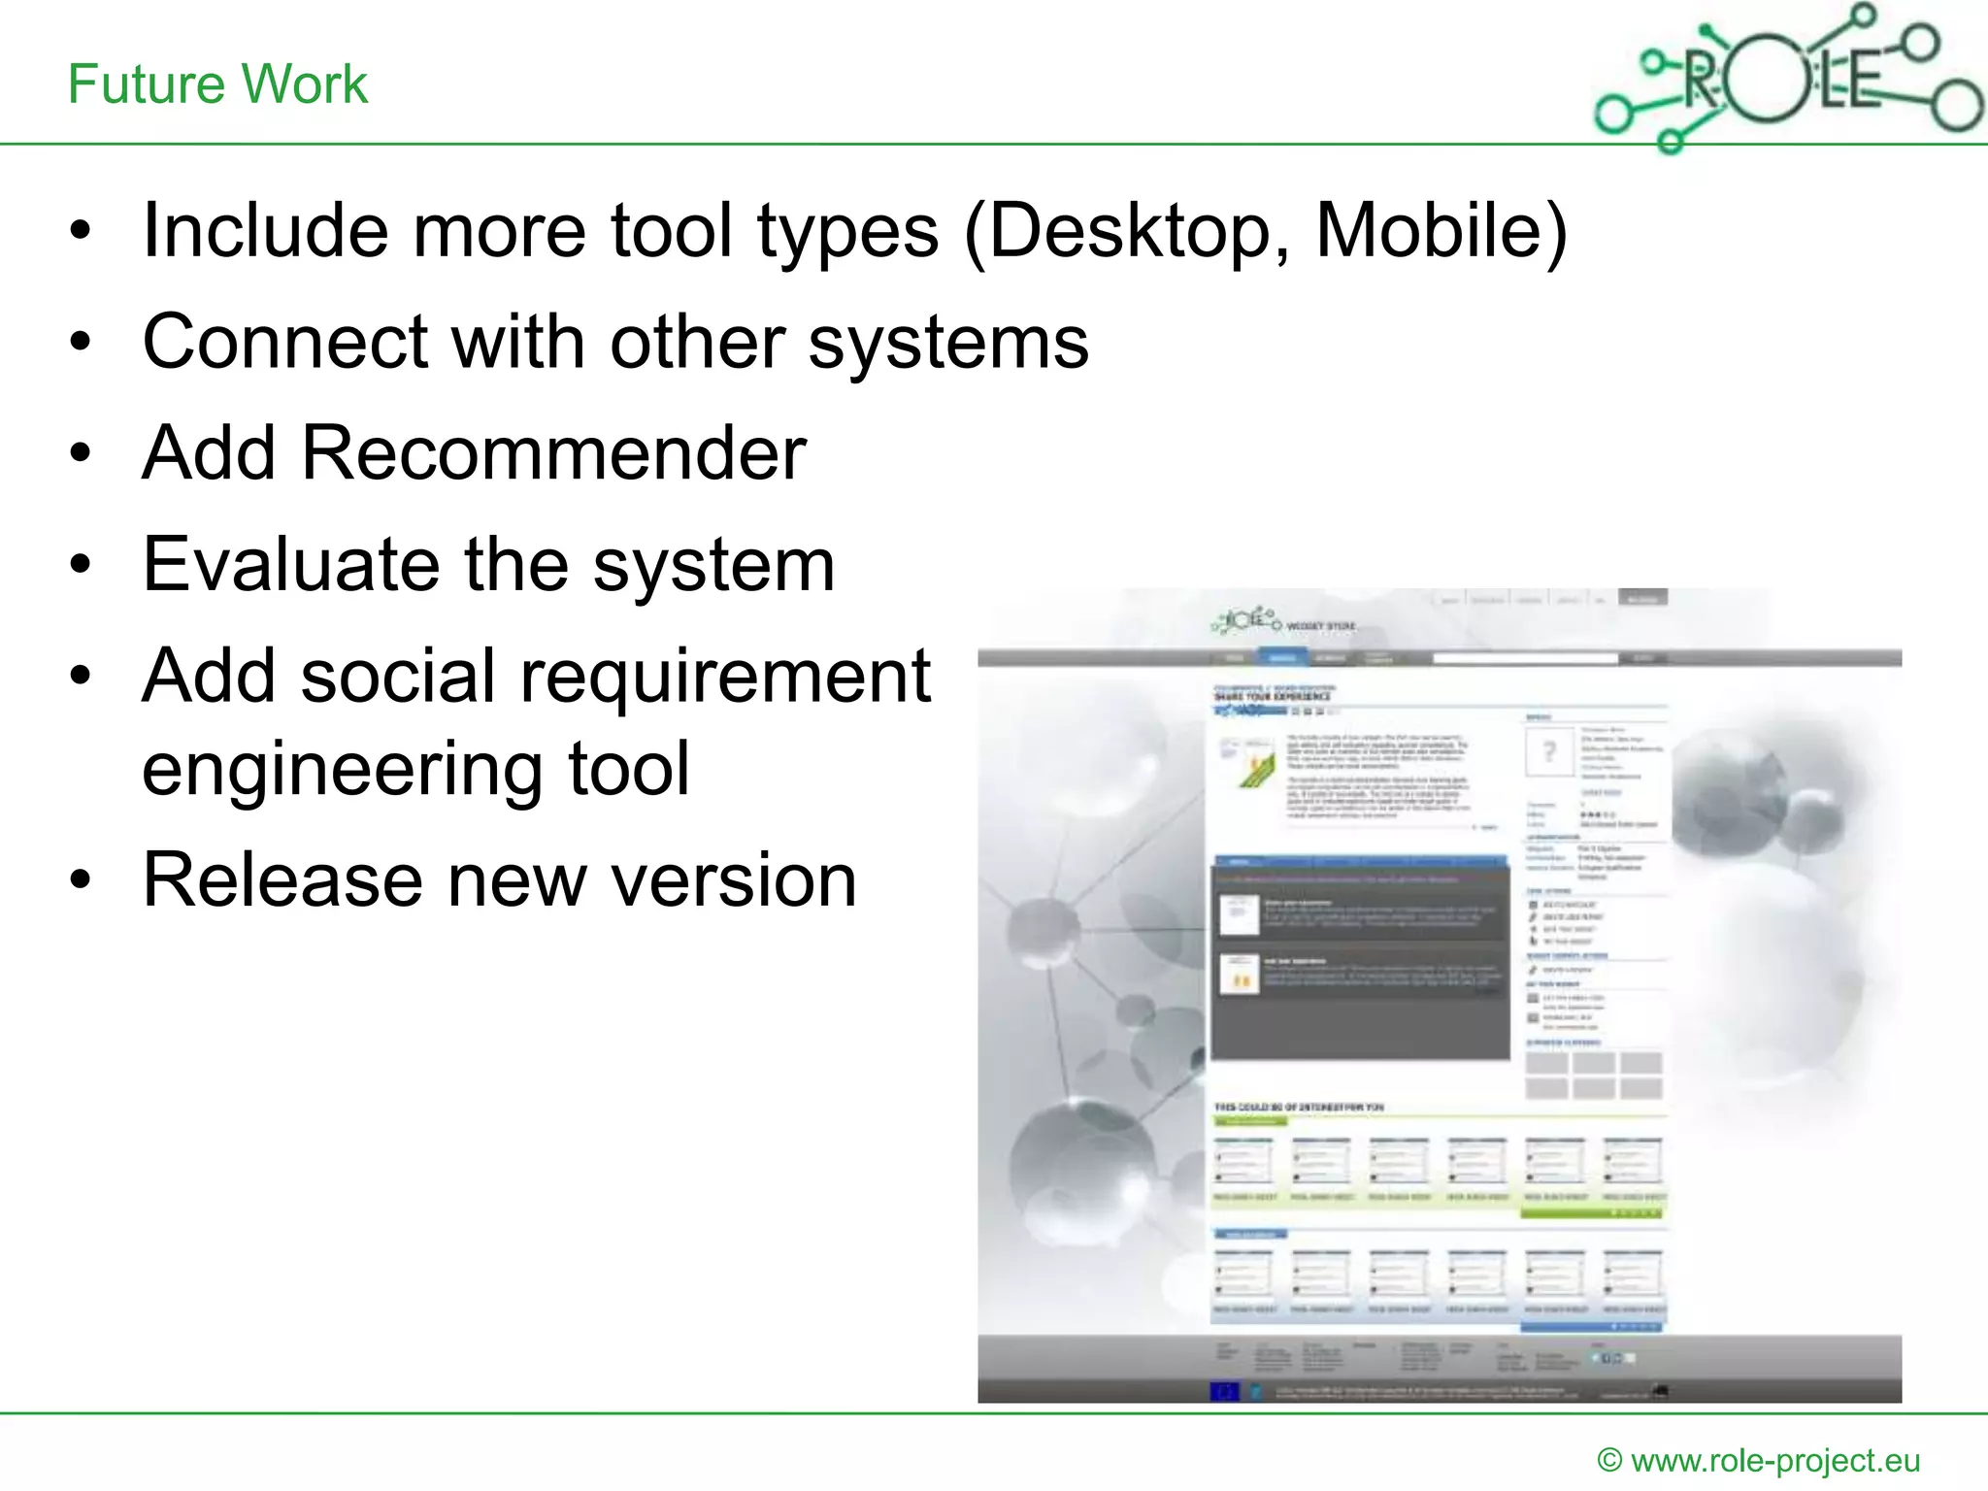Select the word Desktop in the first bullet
click(x=1126, y=233)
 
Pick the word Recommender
click(x=553, y=453)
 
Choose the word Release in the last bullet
click(x=282, y=880)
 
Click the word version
click(x=733, y=880)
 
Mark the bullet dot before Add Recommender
click(x=81, y=453)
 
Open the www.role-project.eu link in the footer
click(x=1775, y=1460)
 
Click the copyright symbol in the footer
click(x=1609, y=1461)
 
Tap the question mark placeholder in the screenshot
click(x=1549, y=751)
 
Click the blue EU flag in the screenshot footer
click(x=1225, y=1391)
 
